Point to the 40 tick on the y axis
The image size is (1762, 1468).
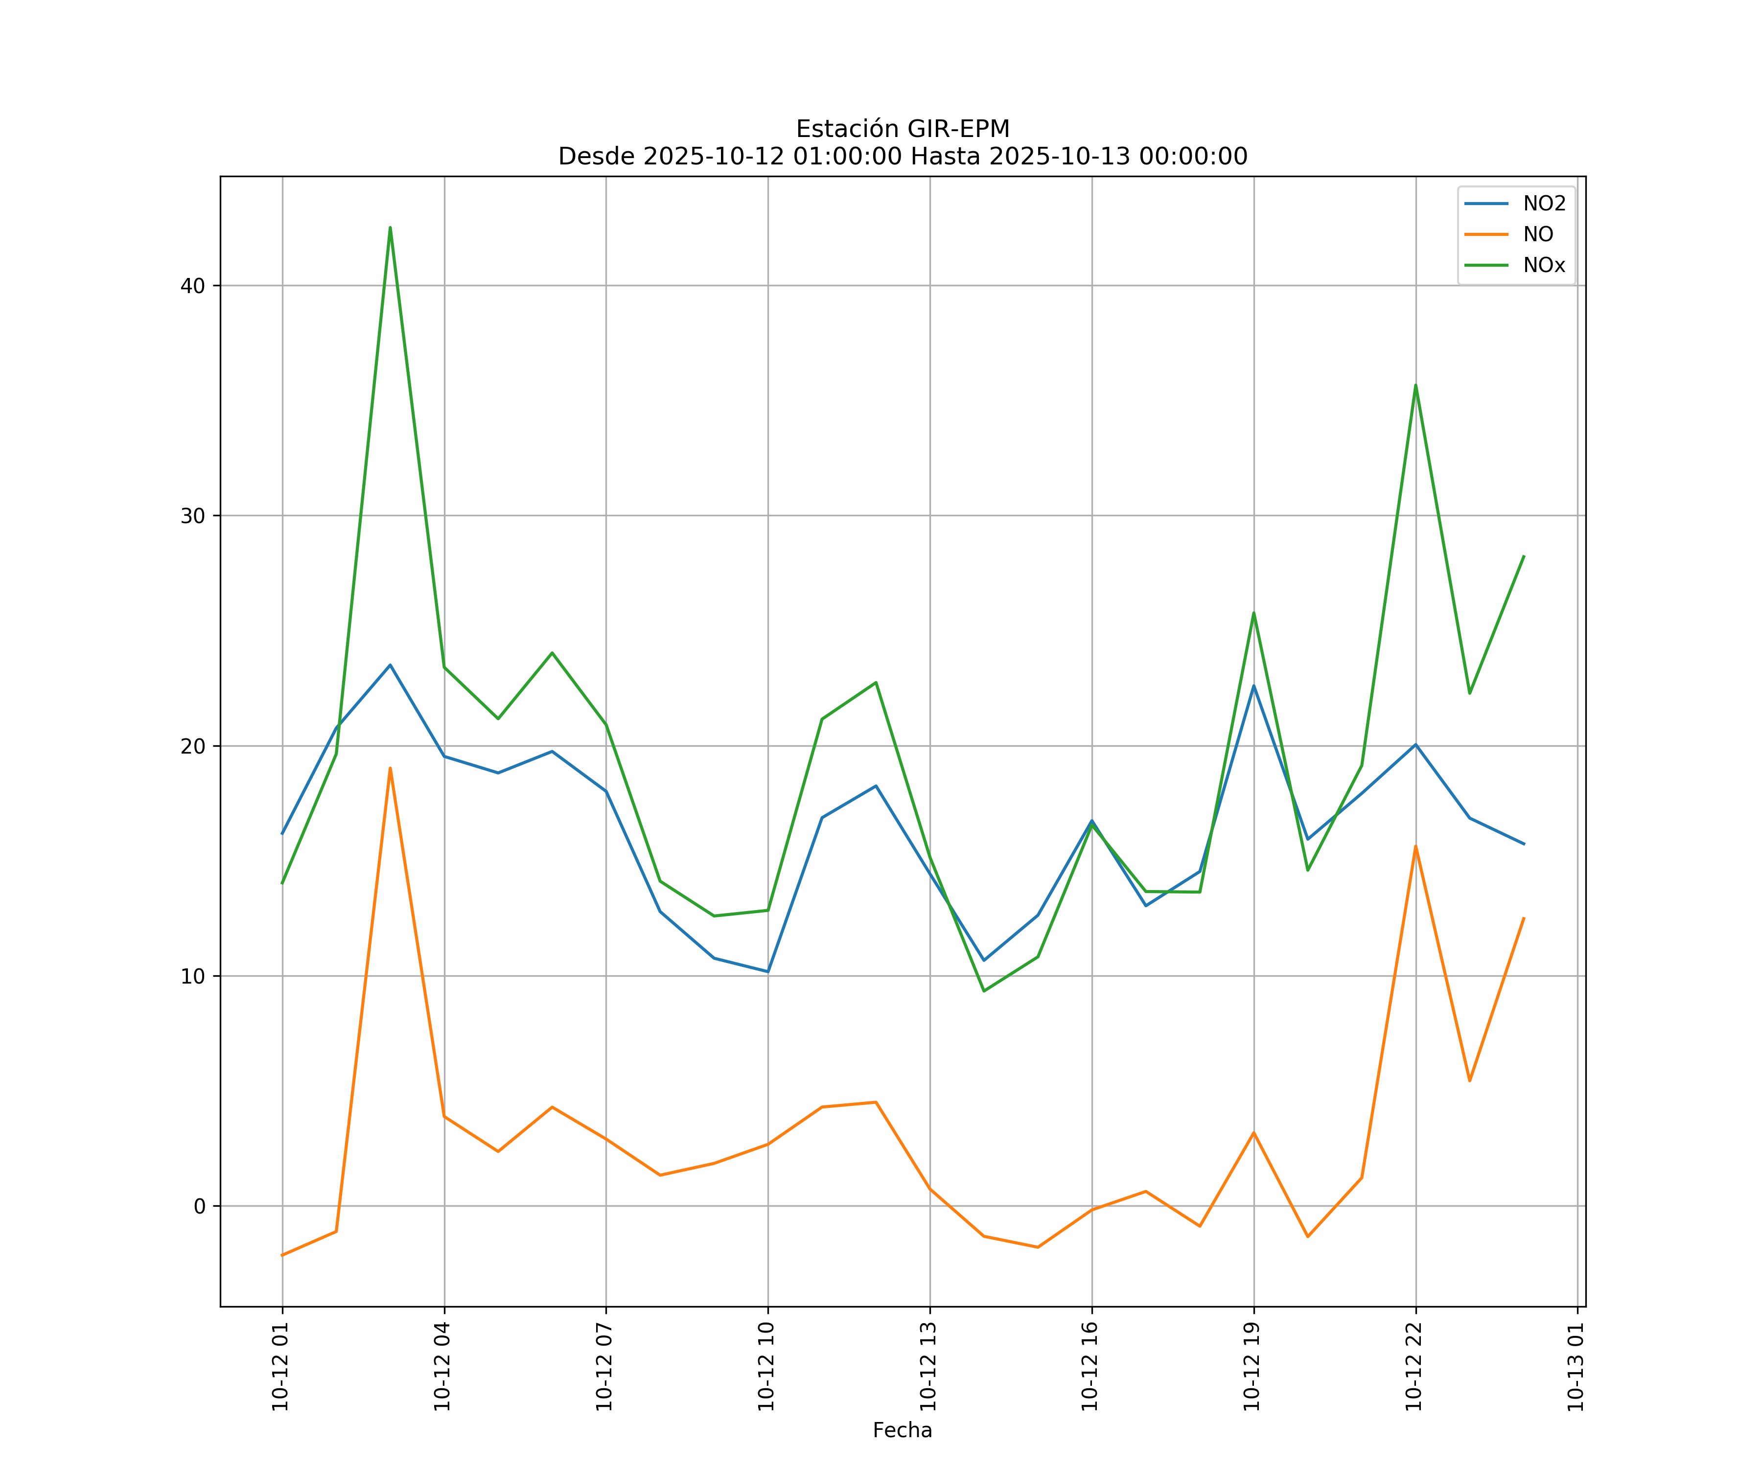192,285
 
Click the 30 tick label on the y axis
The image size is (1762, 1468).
192,516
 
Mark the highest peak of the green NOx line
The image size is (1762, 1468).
390,228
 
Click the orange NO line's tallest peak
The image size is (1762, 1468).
390,768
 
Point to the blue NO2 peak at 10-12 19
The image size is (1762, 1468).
1253,686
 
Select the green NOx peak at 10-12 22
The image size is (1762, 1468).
1415,385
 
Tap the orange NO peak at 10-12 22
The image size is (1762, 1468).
1415,847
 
